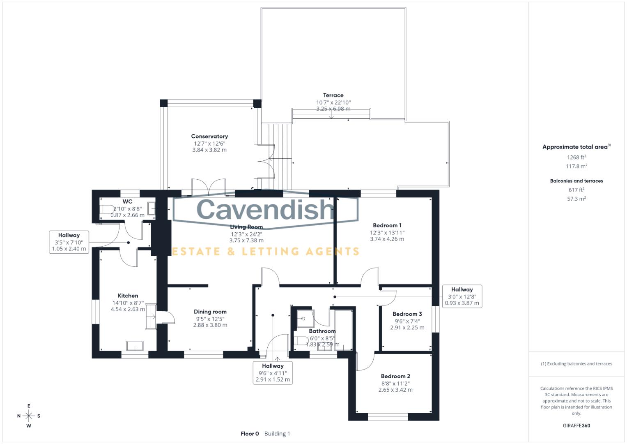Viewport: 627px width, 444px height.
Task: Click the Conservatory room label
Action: tap(209, 136)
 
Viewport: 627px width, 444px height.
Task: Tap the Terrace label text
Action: tap(333, 95)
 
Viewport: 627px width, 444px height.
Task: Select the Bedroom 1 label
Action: tap(387, 226)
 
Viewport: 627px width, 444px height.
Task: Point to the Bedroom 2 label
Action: tap(395, 377)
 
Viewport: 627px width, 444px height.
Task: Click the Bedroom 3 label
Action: tap(407, 314)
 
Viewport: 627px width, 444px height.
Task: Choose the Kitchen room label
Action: tap(128, 296)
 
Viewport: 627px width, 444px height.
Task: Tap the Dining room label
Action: tap(210, 312)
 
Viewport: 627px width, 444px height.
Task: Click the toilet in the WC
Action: tap(108, 209)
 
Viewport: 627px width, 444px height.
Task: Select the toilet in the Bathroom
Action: tap(301, 341)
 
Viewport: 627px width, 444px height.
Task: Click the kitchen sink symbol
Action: tap(135, 345)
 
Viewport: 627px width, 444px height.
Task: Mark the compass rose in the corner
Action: tap(29, 416)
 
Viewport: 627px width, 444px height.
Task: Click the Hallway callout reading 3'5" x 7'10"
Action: tap(69, 242)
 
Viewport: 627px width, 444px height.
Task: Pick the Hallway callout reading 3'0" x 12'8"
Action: tap(462, 296)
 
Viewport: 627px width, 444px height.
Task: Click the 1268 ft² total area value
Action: tap(576, 157)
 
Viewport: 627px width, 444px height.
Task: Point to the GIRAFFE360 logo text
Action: tap(576, 426)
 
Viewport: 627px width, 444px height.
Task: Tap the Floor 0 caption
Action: tap(250, 434)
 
